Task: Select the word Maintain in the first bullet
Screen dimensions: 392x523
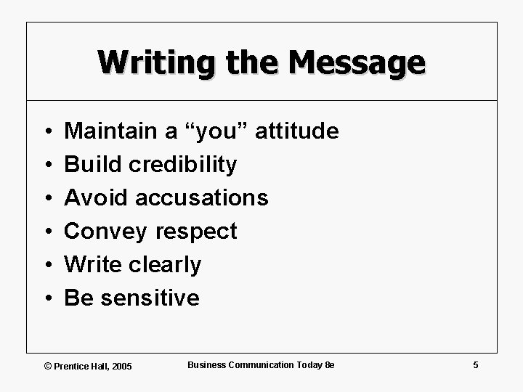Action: (110, 131)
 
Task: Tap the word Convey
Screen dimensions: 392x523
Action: (105, 232)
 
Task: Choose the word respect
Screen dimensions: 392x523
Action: (195, 232)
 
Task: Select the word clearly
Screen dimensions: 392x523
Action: (166, 265)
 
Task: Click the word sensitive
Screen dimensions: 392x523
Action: (150, 298)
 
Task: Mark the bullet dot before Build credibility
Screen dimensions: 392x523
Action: (45, 166)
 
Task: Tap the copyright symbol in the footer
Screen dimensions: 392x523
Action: (48, 367)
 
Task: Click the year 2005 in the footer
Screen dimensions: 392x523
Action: (122, 367)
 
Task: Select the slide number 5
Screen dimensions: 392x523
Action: (475, 365)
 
